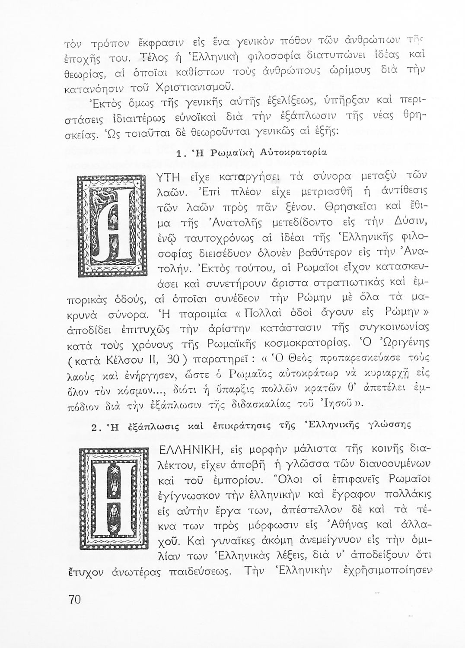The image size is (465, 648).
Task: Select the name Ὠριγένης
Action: pyautogui.click(x=401, y=344)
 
